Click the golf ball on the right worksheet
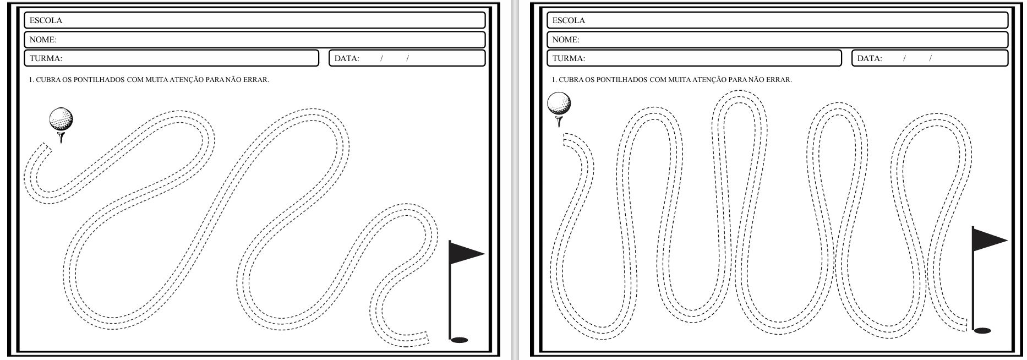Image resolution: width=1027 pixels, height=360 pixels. pos(559,103)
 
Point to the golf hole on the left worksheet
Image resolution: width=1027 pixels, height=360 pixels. pos(459,340)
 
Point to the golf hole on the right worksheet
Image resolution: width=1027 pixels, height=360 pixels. pos(982,331)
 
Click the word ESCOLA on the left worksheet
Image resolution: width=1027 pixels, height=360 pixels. pos(46,20)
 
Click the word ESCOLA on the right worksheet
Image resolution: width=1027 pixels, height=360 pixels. pos(569,20)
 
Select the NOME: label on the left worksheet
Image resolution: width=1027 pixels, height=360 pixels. pos(43,40)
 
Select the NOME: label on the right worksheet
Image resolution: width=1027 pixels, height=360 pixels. pos(566,40)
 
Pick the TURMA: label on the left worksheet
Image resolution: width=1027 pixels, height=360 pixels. pos(46,58)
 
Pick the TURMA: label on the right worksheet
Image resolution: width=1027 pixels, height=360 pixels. pos(569,58)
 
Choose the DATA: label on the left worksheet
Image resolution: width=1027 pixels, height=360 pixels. pos(347,58)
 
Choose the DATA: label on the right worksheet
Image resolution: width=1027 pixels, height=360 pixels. pos(870,58)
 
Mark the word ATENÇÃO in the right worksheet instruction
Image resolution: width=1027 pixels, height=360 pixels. pos(711,79)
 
